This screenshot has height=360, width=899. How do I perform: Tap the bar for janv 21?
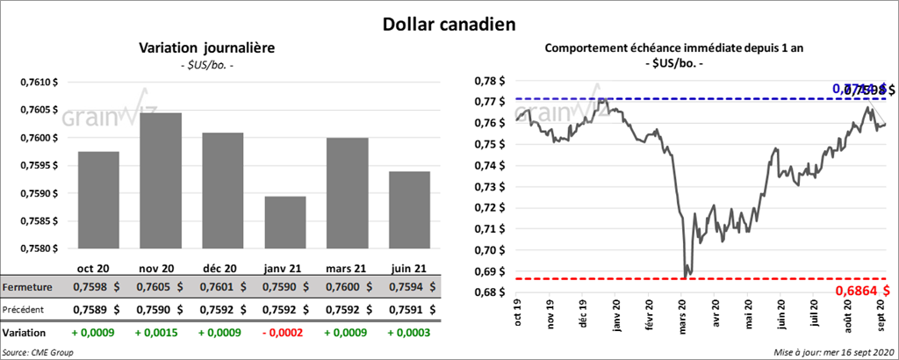[285, 223]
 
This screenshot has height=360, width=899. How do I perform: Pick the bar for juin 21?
[410, 210]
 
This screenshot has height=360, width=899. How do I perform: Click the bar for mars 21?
[348, 193]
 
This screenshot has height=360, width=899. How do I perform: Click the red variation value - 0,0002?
[285, 334]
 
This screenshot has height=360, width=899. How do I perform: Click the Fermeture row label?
[27, 286]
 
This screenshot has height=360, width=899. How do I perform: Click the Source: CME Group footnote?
[38, 351]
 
